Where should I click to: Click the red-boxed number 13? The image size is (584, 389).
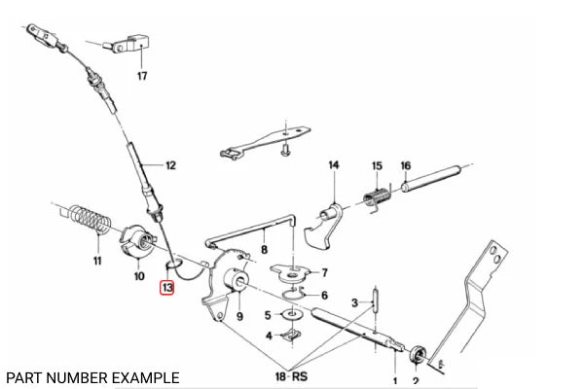pyautogui.click(x=168, y=288)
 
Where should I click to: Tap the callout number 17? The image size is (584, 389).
pyautogui.click(x=142, y=75)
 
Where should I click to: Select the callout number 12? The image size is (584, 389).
pyautogui.click(x=171, y=165)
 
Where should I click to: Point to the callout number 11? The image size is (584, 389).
pyautogui.click(x=96, y=262)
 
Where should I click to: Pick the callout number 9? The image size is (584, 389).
pyautogui.click(x=239, y=316)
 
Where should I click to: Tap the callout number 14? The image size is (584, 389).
pyautogui.click(x=334, y=166)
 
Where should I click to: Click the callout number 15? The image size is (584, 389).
pyautogui.click(x=378, y=166)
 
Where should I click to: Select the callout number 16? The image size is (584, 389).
pyautogui.click(x=405, y=166)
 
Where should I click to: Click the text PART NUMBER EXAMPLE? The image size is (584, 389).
pyautogui.click(x=92, y=376)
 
